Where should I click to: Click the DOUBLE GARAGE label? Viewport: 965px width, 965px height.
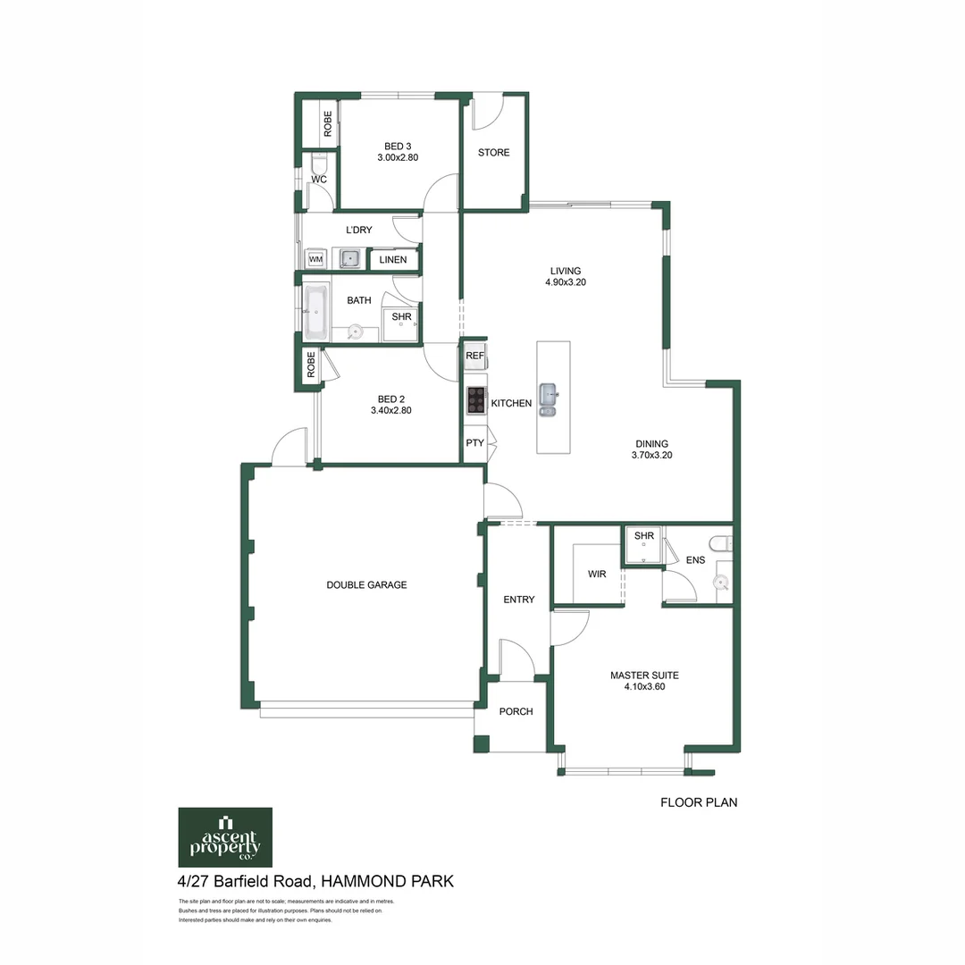click(366, 585)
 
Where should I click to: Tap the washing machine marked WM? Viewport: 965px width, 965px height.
click(315, 259)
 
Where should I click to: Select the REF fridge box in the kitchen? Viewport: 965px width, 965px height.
click(474, 356)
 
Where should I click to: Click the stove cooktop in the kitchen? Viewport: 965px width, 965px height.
click(475, 400)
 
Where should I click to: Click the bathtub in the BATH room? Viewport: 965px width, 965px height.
click(316, 313)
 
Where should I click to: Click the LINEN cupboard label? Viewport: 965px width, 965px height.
click(393, 260)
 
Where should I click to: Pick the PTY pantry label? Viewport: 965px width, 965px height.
click(474, 442)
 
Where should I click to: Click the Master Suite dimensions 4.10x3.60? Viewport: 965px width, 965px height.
click(638, 688)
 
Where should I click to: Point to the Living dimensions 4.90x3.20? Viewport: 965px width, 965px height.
click(565, 282)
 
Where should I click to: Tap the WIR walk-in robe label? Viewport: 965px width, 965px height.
click(597, 575)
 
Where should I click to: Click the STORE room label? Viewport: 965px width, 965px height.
click(493, 153)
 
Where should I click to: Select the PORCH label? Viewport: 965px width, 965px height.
click(516, 712)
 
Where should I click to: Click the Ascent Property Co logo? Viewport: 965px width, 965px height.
click(225, 837)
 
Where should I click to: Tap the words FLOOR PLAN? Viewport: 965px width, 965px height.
click(698, 802)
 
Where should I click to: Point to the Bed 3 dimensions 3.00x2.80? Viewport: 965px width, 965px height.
click(398, 157)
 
